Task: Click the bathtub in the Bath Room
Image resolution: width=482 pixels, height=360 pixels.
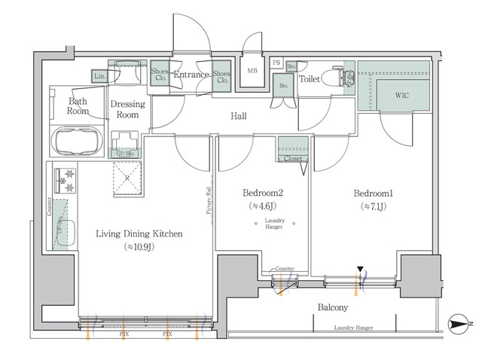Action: point(78,140)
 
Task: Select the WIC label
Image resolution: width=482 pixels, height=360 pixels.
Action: point(403,96)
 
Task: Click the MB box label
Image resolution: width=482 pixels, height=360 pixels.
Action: point(252,72)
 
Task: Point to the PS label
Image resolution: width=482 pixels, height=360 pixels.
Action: point(276,63)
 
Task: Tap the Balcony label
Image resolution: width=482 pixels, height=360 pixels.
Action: point(332,308)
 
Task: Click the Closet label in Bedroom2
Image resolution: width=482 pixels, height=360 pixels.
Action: point(292,159)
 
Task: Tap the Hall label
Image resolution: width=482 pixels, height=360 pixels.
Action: point(239,116)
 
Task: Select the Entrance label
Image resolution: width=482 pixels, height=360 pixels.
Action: point(191,75)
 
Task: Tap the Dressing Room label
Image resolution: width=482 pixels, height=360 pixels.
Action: point(126,110)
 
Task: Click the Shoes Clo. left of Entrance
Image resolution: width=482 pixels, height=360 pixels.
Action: point(160,75)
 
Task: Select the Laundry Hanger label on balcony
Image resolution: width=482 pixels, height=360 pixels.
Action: point(353,328)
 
